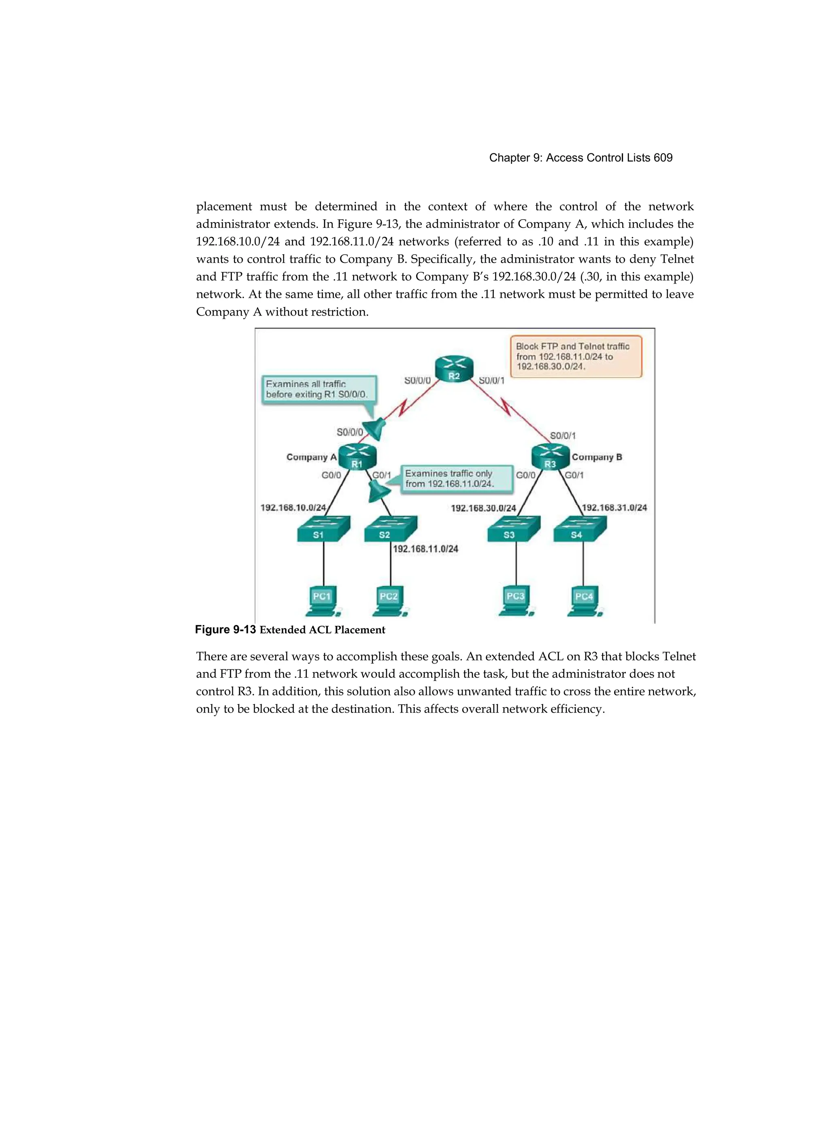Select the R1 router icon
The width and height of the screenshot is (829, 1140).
[357, 457]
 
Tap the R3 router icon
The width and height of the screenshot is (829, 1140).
[551, 457]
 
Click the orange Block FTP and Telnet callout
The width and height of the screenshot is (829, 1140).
[576, 356]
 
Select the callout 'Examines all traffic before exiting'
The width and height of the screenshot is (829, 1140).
[319, 389]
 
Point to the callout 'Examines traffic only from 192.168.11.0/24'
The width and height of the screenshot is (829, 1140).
[457, 479]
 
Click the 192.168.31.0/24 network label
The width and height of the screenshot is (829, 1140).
[614, 508]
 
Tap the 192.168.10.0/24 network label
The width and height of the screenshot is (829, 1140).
[293, 508]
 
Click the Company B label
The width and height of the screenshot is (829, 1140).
[597, 457]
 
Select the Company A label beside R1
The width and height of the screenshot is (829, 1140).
[311, 457]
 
